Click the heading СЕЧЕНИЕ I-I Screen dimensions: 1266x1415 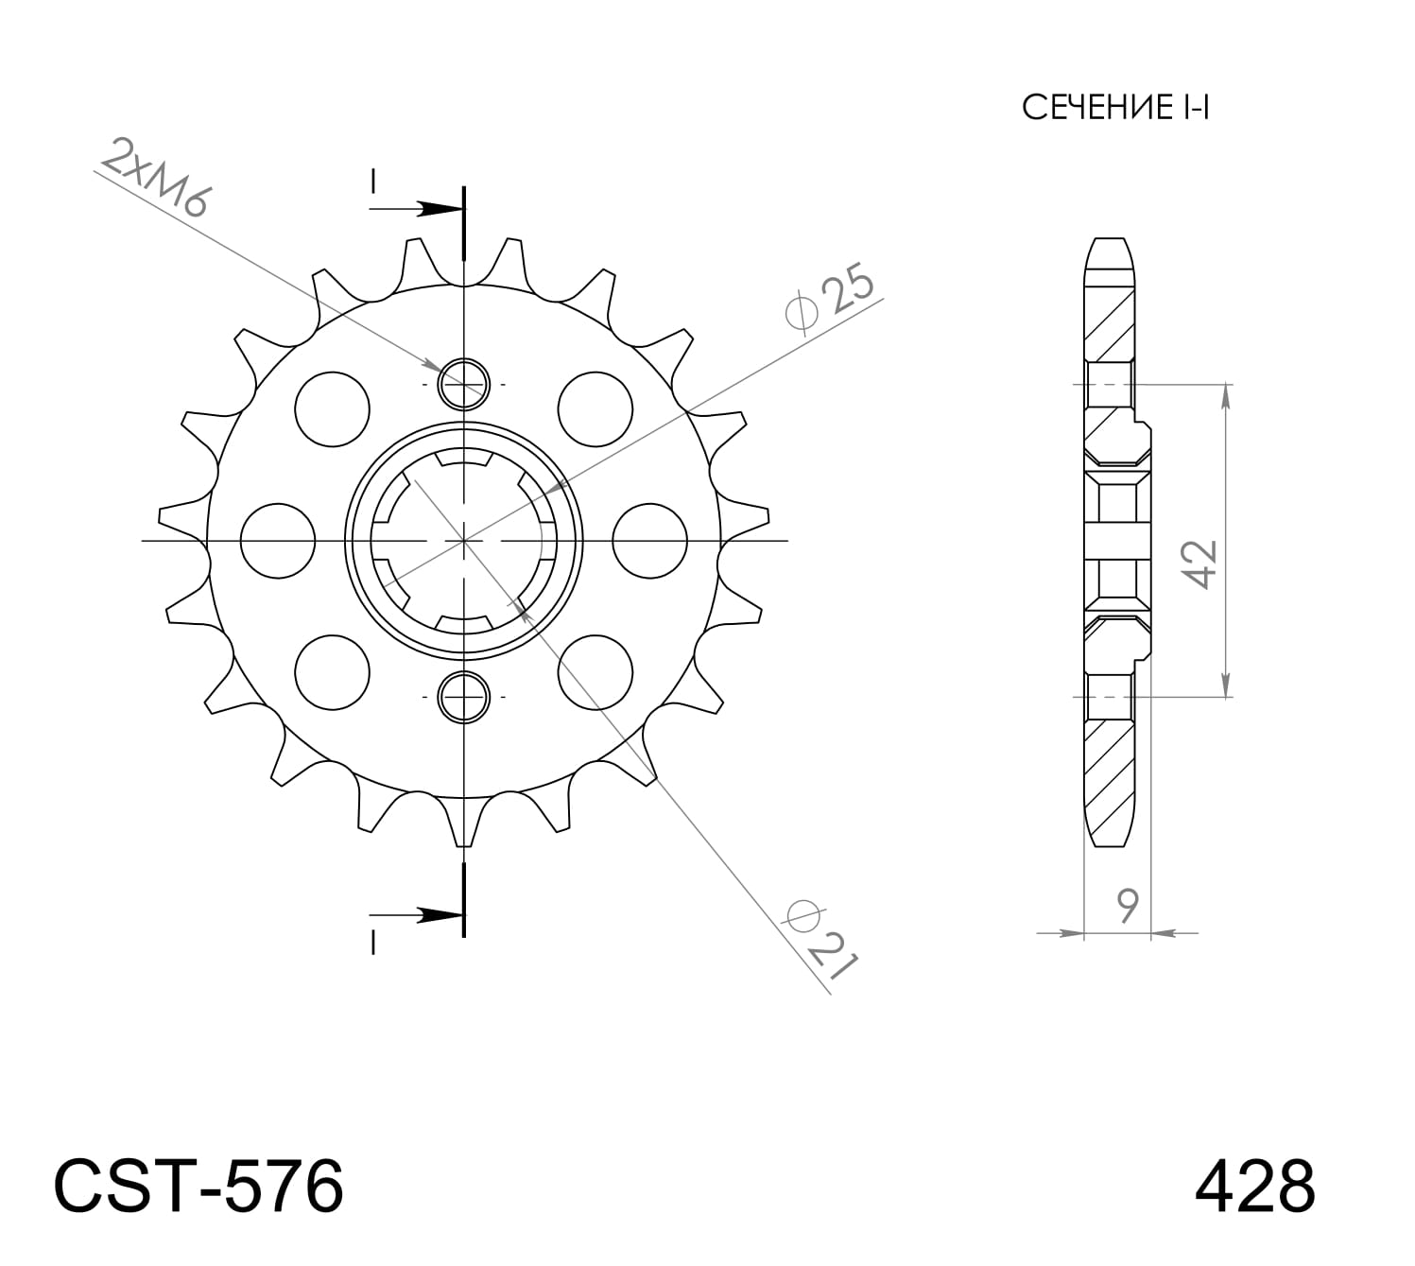(x=1115, y=108)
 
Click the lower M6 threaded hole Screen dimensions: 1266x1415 (x=464, y=697)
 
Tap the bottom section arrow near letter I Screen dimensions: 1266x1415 (x=421, y=914)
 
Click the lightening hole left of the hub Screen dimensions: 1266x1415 (x=278, y=541)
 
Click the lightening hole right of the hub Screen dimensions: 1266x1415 (x=649, y=541)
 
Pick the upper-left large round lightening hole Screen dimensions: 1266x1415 (x=332, y=408)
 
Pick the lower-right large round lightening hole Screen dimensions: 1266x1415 (x=595, y=671)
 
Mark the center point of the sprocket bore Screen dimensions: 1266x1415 (x=464, y=541)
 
